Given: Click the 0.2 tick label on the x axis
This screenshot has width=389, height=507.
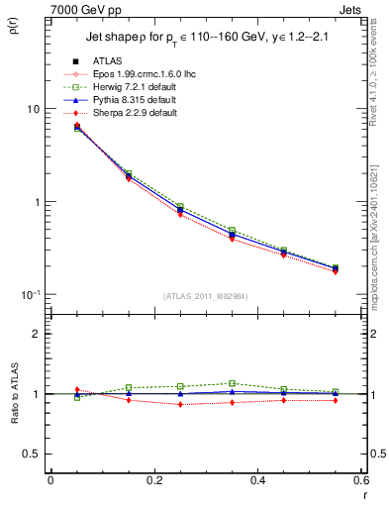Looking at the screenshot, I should coord(153,480).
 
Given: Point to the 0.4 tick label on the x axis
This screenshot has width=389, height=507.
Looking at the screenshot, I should coord(257,480).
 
